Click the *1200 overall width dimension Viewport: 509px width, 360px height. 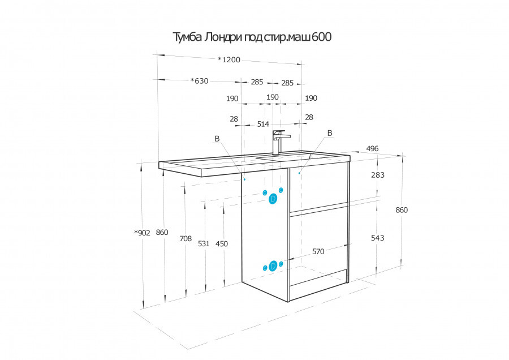click(x=229, y=60)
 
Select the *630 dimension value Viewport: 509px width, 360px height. click(x=199, y=80)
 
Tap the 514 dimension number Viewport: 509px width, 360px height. click(x=263, y=124)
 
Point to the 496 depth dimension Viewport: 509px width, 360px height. click(x=372, y=148)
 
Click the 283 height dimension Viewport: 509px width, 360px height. click(x=378, y=175)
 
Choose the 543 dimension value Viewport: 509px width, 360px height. click(x=378, y=238)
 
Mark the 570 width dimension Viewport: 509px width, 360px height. click(x=318, y=251)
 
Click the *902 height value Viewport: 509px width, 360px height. click(x=142, y=233)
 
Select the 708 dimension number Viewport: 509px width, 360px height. click(x=186, y=239)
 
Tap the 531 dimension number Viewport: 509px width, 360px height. click(x=204, y=244)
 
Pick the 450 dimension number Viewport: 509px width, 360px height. click(x=222, y=244)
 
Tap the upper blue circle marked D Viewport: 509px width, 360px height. click(x=273, y=199)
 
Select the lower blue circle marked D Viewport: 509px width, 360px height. click(x=273, y=266)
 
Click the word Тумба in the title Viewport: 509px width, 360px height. click(x=186, y=37)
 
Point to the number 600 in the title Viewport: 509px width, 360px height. click(x=322, y=37)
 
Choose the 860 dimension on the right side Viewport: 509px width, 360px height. click(x=402, y=210)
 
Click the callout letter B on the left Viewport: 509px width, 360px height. click(x=217, y=139)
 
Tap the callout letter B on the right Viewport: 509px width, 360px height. click(x=330, y=133)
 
